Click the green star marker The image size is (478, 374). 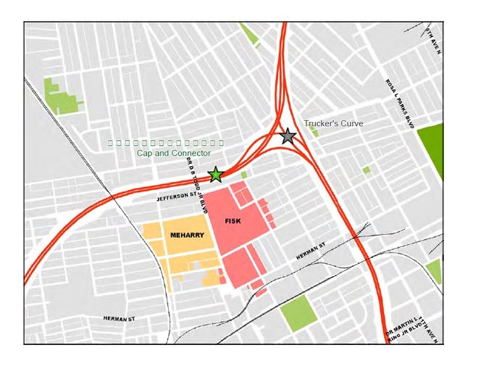[x=216, y=174]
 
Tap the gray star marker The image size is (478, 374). [x=288, y=136]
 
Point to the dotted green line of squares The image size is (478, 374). [x=166, y=143]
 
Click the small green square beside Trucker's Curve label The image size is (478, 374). [x=314, y=133]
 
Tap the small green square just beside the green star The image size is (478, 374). [x=244, y=175]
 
